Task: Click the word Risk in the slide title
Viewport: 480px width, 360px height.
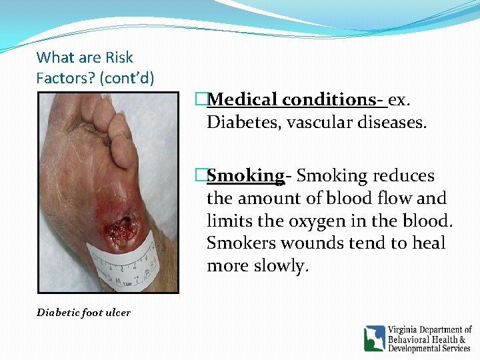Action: pos(118,58)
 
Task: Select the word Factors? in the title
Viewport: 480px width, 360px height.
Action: pos(65,78)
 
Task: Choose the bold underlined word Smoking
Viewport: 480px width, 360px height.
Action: pos(245,176)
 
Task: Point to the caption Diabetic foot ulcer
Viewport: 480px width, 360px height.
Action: pos(83,312)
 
